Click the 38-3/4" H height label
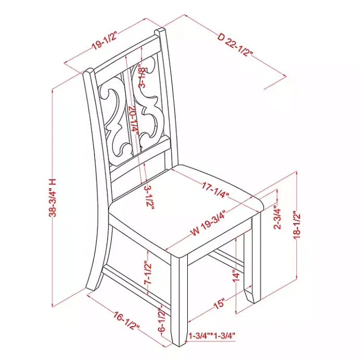[53, 197]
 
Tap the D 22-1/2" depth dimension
[235, 45]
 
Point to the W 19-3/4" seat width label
[209, 222]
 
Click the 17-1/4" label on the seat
[215, 189]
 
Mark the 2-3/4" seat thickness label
[278, 219]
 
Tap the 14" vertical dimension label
[236, 277]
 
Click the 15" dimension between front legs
[219, 303]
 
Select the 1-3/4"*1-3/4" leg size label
[212, 336]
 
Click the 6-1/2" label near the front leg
[162, 320]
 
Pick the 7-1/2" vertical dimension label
[148, 272]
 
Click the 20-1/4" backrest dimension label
[133, 121]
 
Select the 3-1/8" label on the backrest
[142, 77]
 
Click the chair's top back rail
[128, 54]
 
